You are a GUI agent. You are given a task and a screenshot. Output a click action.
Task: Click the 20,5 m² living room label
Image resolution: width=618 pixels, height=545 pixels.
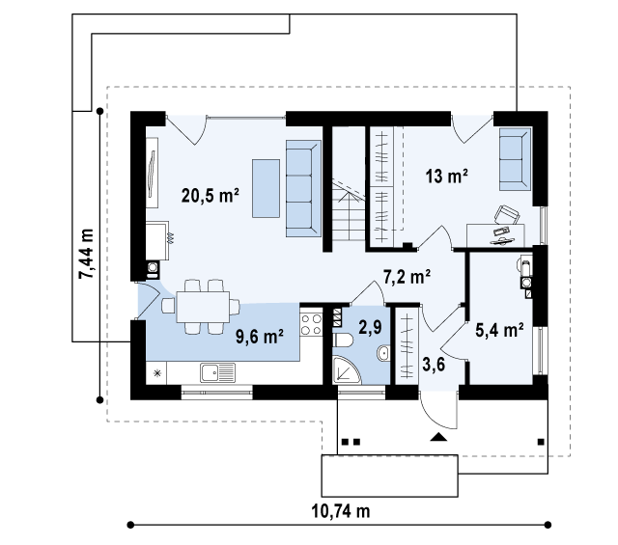coord(211,195)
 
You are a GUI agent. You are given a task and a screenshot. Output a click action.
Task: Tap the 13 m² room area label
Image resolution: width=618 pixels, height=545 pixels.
coord(447,176)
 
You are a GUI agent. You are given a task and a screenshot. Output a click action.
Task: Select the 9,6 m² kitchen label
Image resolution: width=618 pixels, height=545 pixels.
coord(260,337)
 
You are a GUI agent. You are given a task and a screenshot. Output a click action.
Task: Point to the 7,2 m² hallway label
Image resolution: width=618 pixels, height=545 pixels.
coord(407,277)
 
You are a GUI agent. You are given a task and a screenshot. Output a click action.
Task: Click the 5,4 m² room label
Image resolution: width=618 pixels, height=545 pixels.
coord(499,330)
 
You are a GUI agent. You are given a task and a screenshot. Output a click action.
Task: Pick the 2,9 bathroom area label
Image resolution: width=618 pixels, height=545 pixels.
coord(370,326)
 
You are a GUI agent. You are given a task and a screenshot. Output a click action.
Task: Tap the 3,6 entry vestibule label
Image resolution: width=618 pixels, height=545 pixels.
coord(434,365)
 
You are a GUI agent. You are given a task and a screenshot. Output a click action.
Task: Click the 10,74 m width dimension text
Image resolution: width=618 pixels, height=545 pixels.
coord(341,511)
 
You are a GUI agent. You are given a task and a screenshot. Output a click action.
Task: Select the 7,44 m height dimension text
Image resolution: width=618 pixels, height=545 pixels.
coord(86,254)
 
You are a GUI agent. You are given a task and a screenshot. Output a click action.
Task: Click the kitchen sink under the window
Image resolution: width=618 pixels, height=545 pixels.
coord(218,372)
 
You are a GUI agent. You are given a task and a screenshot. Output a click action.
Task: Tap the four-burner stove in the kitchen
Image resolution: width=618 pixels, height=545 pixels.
coord(311,324)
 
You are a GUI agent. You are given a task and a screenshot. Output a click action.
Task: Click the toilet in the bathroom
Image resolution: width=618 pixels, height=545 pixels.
coord(343,341)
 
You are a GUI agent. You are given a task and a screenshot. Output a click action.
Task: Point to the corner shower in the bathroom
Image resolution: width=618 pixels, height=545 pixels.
coord(346,369)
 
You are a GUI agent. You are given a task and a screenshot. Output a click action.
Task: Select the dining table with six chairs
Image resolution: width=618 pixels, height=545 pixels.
coord(201,307)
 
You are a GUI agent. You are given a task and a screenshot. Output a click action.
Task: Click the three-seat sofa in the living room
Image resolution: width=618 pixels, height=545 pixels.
coord(303,188)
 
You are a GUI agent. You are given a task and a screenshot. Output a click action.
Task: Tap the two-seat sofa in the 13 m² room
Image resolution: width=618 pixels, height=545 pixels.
coord(515,159)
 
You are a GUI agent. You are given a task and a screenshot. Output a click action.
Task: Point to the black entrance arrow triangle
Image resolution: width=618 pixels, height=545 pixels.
coord(438,437)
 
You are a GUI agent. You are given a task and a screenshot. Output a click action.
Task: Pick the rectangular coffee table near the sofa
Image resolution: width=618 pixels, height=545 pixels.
coord(267,188)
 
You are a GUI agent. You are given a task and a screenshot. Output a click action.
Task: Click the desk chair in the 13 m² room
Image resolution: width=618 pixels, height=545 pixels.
coord(507,216)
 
